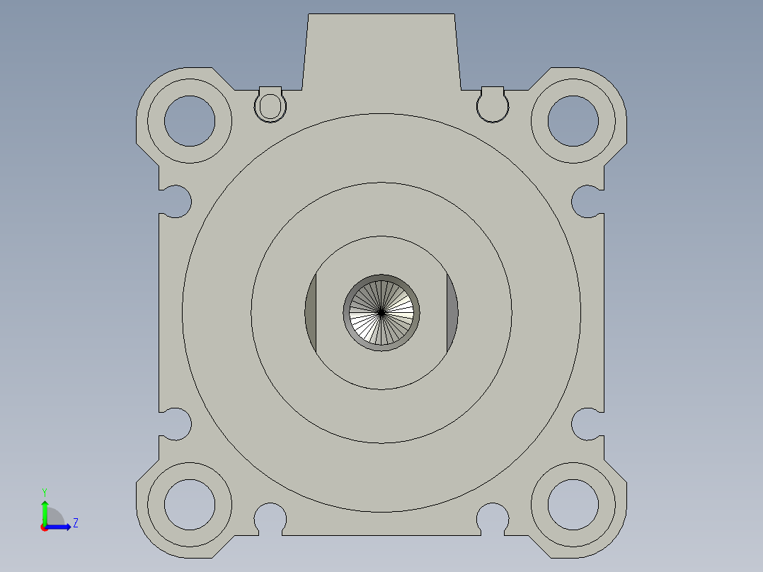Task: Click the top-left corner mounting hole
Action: tap(190, 120)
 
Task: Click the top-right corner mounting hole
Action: tap(573, 120)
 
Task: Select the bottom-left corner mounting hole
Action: tap(190, 504)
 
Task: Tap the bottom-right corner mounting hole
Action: tap(573, 504)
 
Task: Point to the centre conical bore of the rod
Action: tap(381, 311)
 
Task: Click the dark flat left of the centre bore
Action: tap(311, 311)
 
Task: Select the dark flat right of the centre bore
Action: tap(452, 311)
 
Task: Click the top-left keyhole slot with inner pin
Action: tap(270, 105)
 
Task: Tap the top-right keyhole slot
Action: tap(493, 105)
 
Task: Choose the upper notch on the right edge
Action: tap(587, 201)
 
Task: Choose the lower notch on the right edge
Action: tap(587, 423)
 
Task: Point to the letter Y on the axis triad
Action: tap(45, 491)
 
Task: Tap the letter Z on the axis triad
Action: tap(75, 523)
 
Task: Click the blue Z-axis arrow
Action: tap(60, 527)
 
